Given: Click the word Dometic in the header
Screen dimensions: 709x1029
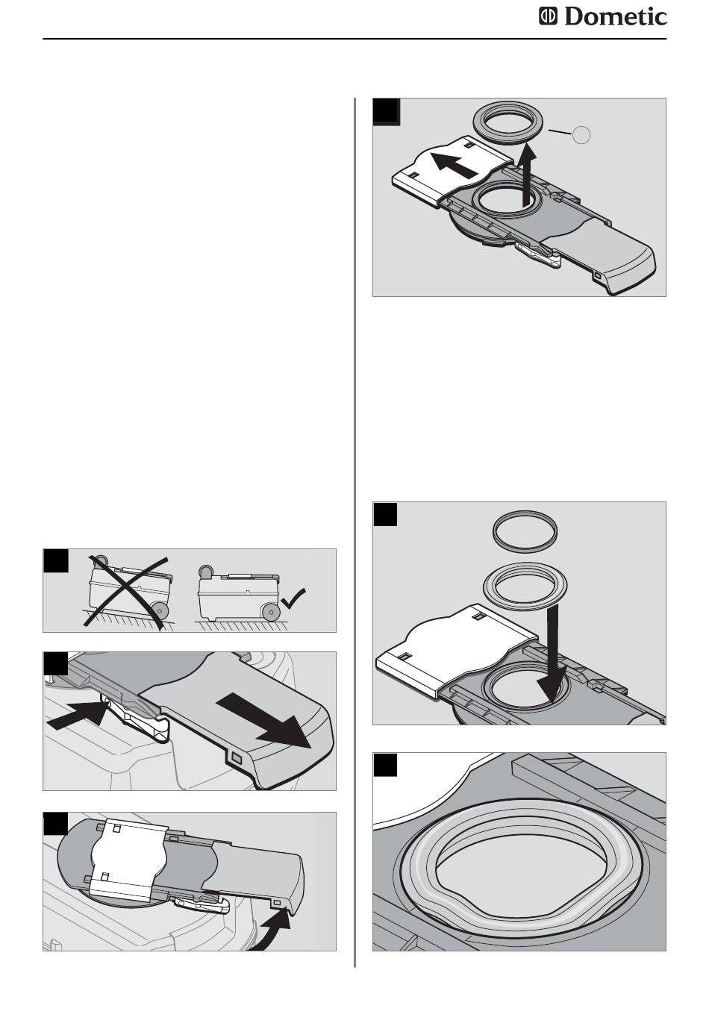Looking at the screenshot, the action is pyautogui.click(x=615, y=17).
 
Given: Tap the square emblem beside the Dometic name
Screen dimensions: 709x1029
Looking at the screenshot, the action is pyautogui.click(x=548, y=16).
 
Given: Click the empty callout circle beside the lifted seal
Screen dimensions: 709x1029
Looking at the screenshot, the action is pyautogui.click(x=581, y=134).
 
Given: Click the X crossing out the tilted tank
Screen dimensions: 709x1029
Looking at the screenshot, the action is pyautogui.click(x=125, y=592).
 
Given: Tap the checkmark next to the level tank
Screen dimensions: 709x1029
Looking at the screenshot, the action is pyautogui.click(x=293, y=598).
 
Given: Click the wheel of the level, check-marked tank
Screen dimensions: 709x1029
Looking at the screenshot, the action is pyautogui.click(x=271, y=613).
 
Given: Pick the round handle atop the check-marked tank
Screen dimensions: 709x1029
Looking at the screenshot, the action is pyautogui.click(x=206, y=572).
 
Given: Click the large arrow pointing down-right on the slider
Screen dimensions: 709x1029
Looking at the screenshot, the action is pyautogui.click(x=264, y=722).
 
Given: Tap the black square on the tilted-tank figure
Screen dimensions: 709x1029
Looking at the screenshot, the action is pyautogui.click(x=56, y=560).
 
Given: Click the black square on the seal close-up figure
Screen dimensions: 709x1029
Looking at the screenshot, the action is pyautogui.click(x=385, y=765).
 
